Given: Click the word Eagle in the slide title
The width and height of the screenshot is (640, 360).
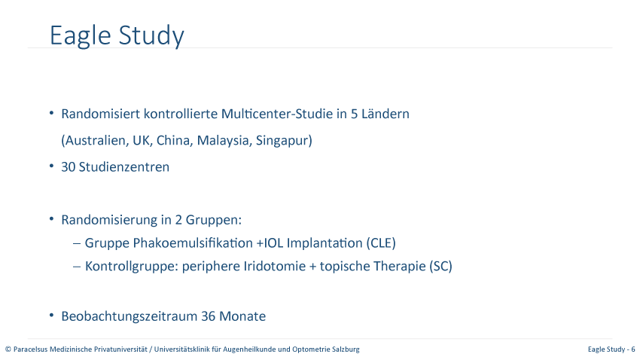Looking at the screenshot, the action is coord(81,36).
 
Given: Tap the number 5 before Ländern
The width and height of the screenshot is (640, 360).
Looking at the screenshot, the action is coord(355,114).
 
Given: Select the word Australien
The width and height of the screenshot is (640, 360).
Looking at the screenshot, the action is coord(95,140).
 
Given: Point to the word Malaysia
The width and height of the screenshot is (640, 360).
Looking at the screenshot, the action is coord(224,140).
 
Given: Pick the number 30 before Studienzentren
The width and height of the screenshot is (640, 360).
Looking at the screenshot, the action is coord(69,167).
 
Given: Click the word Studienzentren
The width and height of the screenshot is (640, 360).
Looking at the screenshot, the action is coord(124,167).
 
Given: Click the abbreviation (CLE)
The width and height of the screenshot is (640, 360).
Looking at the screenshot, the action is coord(381,243).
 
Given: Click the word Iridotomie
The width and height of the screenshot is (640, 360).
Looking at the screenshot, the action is coord(275,267).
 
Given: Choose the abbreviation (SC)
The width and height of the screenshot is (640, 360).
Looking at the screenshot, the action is coord(440,267).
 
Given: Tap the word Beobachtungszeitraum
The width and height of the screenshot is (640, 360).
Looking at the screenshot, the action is coord(130,316).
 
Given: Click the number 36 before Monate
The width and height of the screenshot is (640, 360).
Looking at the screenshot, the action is coord(209,316).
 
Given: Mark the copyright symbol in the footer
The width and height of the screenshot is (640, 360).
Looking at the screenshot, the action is coord(8,349).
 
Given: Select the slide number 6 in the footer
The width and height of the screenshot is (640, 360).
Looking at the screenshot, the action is coord(633,349).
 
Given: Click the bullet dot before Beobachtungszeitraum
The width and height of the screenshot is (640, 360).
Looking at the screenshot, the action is coord(51,315).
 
